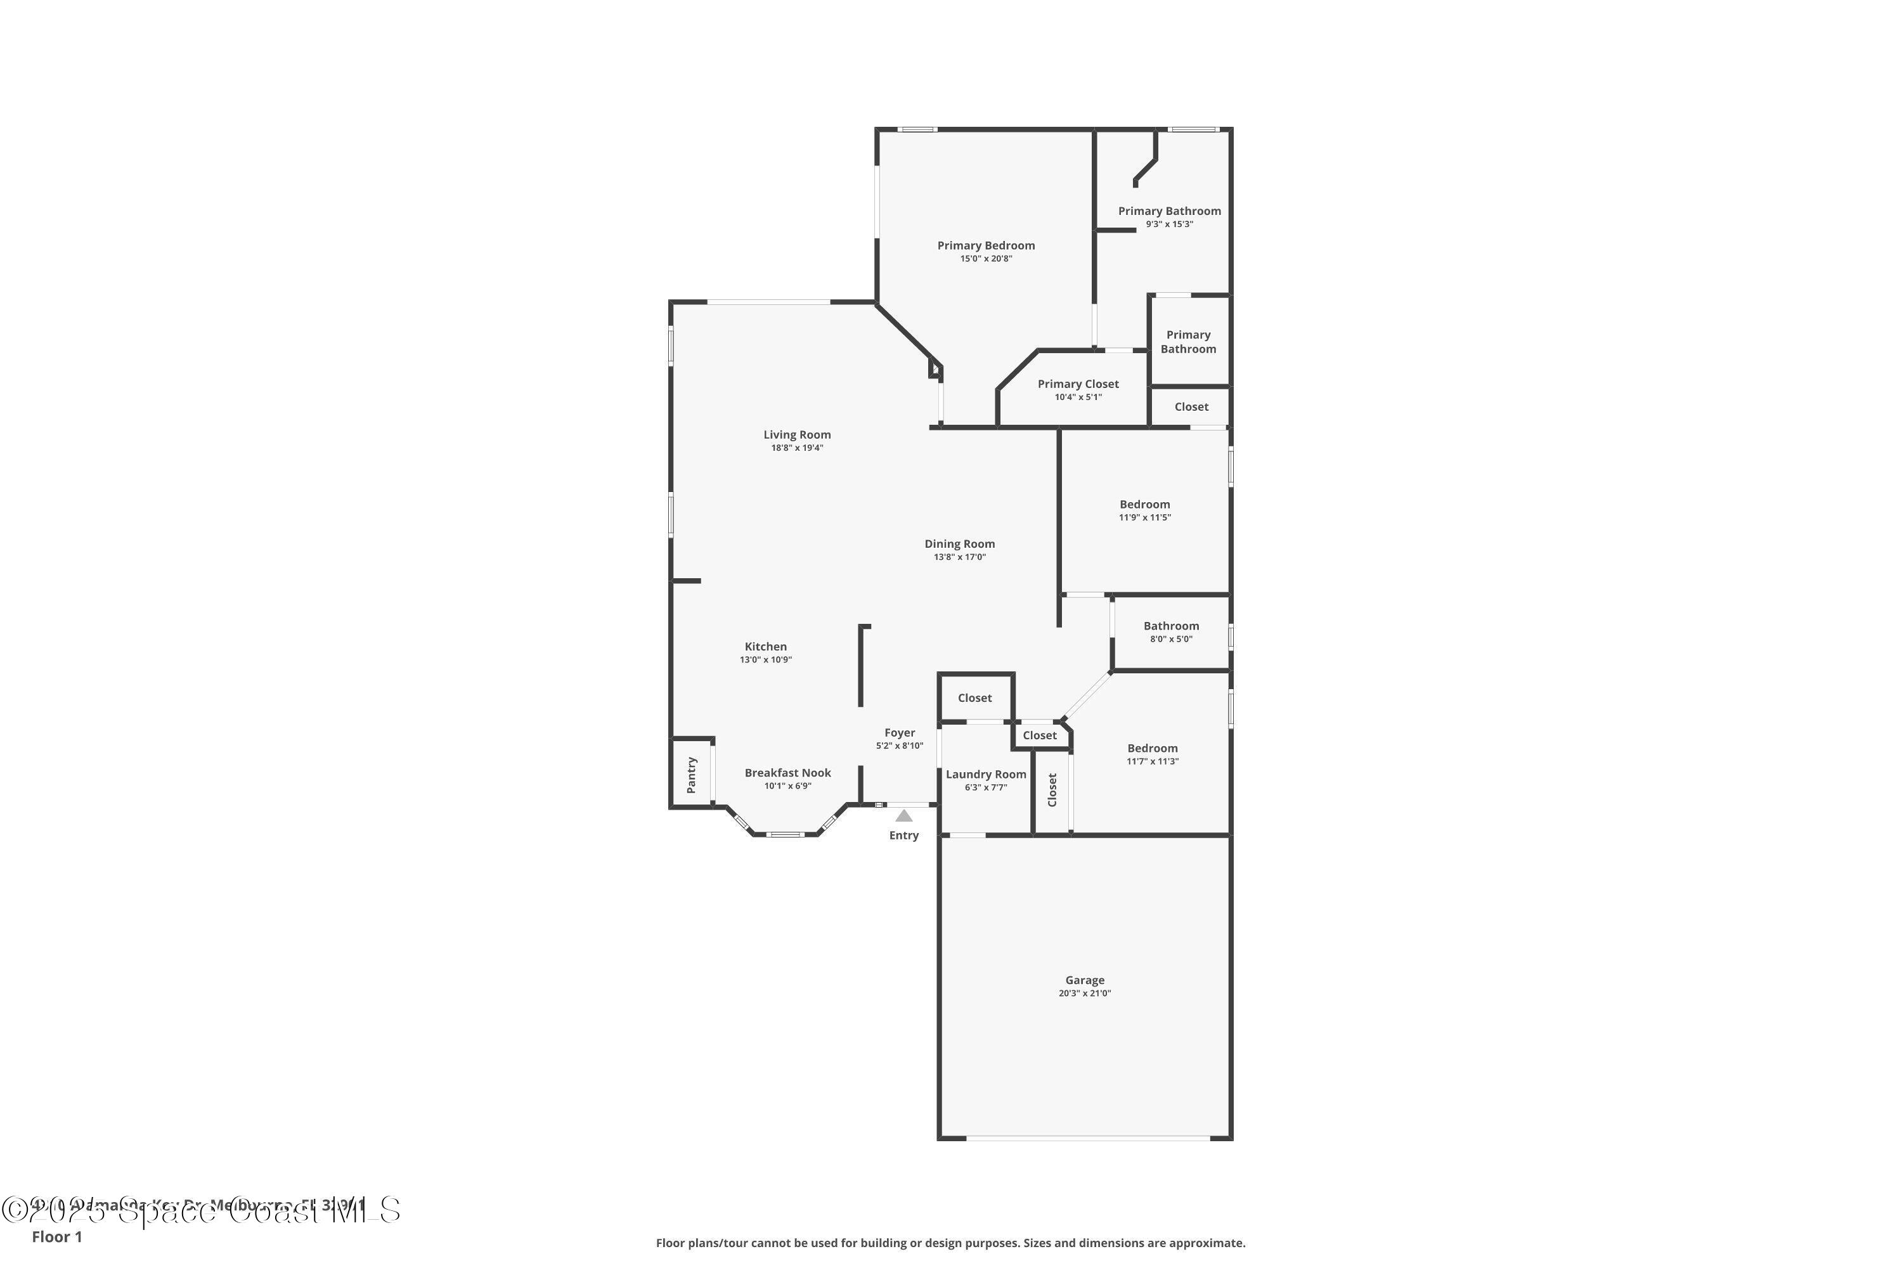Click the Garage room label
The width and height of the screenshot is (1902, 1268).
(1084, 980)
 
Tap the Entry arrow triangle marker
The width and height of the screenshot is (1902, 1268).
(904, 816)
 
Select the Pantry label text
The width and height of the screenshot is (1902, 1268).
(692, 775)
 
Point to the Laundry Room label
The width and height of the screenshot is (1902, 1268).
(986, 774)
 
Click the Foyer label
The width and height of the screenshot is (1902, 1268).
(899, 733)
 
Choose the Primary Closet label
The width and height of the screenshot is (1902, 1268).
(1078, 384)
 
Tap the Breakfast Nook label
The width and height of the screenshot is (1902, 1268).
(787, 772)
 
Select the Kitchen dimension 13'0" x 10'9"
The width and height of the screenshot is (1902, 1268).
(765, 660)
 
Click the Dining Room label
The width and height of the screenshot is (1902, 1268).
(959, 543)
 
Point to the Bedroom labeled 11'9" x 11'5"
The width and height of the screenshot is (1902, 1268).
(1144, 504)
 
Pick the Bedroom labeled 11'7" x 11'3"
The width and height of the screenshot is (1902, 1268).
(1153, 748)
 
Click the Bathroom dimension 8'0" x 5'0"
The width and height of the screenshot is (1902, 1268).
(1171, 639)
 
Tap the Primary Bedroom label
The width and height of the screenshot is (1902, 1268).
(986, 245)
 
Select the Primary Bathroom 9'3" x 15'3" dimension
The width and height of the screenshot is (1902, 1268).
(1169, 224)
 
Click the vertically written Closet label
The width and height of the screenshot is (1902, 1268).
(1052, 789)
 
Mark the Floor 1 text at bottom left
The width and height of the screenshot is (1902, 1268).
(56, 1236)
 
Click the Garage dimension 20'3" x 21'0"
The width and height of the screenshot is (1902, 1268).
(1084, 993)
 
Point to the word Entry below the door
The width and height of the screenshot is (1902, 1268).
(903, 836)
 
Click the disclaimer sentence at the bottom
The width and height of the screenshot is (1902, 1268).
(950, 1243)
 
